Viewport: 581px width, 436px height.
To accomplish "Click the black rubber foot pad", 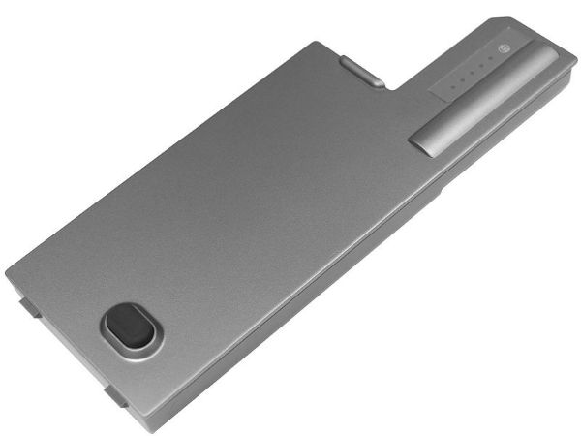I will [x=129, y=327].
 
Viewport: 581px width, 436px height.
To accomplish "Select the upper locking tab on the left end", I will [x=29, y=308].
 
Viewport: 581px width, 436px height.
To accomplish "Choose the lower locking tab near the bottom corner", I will [x=113, y=395].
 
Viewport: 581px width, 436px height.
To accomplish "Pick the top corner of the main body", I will [x=316, y=42].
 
